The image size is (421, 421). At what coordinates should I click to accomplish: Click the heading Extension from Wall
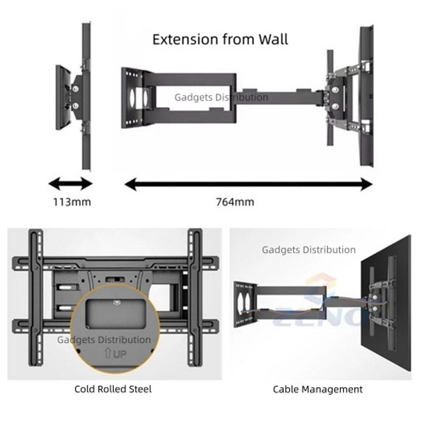(220, 39)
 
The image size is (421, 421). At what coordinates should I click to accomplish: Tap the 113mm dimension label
(72, 202)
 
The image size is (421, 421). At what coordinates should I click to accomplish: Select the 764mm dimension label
(235, 202)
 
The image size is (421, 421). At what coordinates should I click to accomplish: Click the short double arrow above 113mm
(71, 184)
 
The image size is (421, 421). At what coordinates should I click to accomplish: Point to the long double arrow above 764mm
(248, 185)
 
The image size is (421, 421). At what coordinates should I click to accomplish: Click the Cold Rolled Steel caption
(113, 389)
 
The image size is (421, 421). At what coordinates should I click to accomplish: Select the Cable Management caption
(317, 389)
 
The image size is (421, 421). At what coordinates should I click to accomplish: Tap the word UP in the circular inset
(120, 354)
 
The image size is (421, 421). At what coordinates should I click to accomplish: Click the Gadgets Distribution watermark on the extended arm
(221, 97)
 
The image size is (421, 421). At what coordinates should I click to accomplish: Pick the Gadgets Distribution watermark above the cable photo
(309, 250)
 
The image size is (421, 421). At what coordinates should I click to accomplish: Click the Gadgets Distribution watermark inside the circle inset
(104, 340)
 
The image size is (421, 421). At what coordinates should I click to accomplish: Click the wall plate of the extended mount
(131, 98)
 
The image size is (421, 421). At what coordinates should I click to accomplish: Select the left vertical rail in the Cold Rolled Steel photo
(35, 296)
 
